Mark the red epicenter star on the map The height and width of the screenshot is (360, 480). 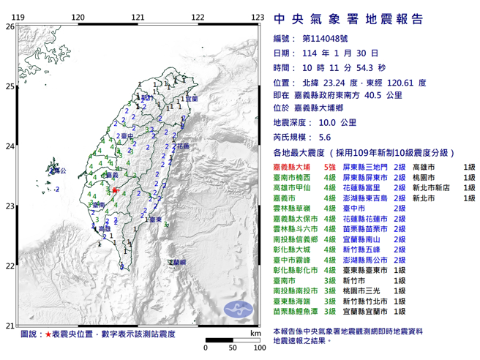click(115, 190)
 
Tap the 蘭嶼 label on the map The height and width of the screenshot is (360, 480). click(177, 261)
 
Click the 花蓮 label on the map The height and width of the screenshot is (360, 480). click(181, 146)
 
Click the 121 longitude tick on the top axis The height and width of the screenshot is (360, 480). click(137, 17)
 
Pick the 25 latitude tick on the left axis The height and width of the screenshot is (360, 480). click(10, 86)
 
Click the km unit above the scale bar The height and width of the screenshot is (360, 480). click(254, 333)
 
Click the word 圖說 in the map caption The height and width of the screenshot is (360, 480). click(31, 333)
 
